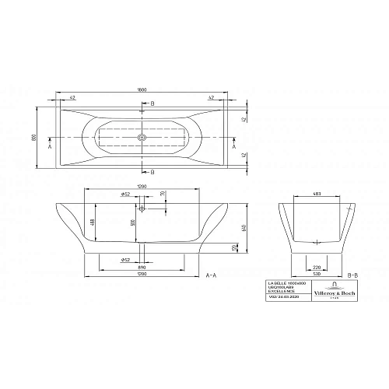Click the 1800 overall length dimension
point(142,89)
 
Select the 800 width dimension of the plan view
point(34,137)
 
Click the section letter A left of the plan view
point(49,144)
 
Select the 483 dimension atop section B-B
point(317,194)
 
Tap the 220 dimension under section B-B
point(317,266)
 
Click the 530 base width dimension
point(317,274)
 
